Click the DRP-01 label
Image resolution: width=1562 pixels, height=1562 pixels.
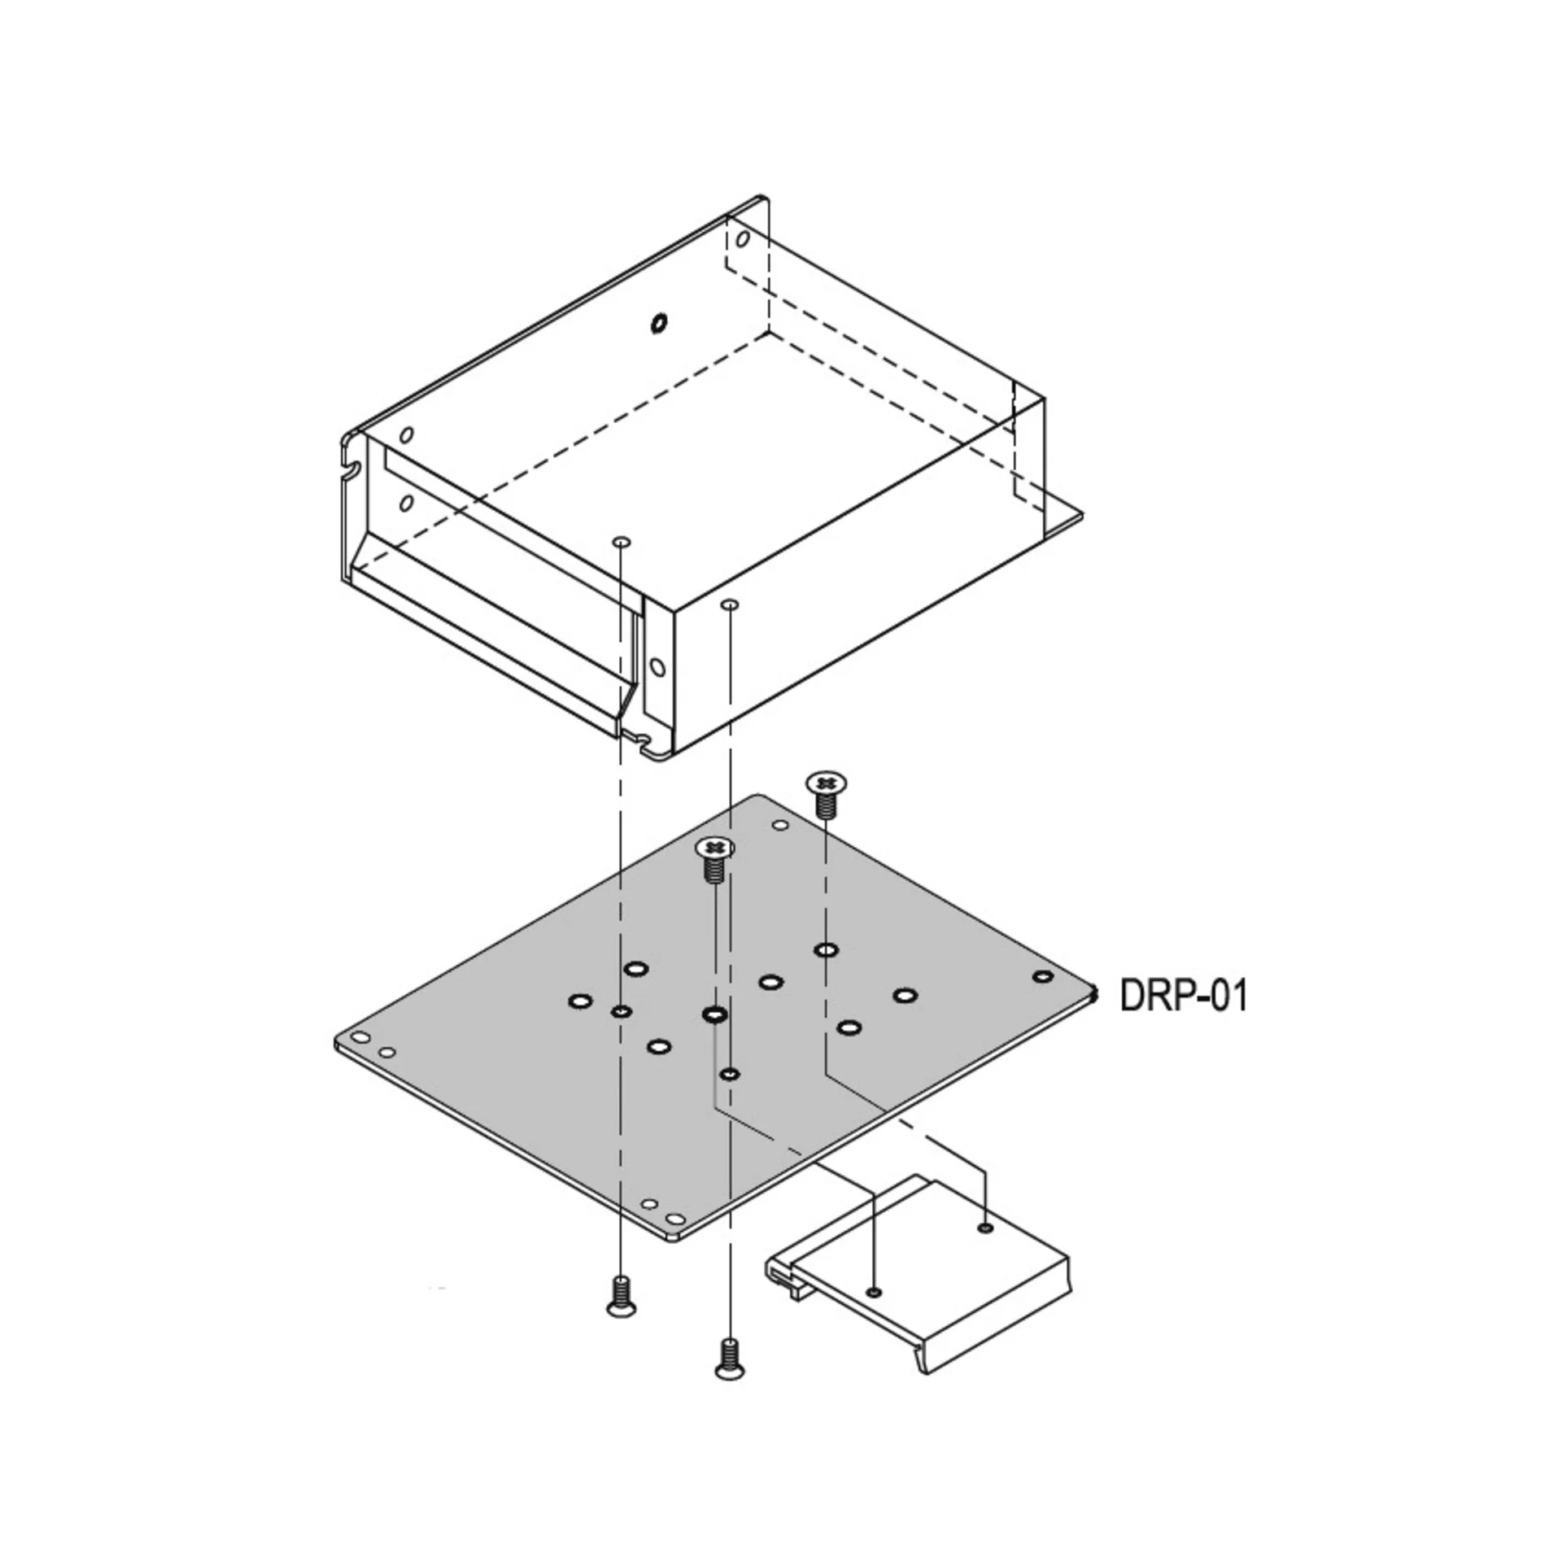click(1183, 995)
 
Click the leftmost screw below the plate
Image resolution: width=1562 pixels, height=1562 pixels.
click(622, 1295)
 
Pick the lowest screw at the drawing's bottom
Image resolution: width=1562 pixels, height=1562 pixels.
click(731, 1359)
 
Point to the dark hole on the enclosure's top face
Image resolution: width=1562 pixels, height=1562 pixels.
click(657, 323)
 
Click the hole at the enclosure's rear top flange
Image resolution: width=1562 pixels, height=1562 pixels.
click(742, 240)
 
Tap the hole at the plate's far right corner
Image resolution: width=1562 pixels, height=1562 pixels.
click(1042, 976)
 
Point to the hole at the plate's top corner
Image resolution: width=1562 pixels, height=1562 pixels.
click(779, 826)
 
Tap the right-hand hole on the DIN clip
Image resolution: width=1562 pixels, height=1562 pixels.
click(986, 1228)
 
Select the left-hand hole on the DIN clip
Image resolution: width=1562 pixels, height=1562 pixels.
click(875, 1292)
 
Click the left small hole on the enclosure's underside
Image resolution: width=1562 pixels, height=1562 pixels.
click(622, 541)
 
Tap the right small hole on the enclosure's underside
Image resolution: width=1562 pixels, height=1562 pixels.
click(730, 604)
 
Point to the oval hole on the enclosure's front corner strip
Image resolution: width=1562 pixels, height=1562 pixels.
click(657, 668)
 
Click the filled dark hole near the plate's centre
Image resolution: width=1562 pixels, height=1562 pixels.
click(714, 1014)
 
